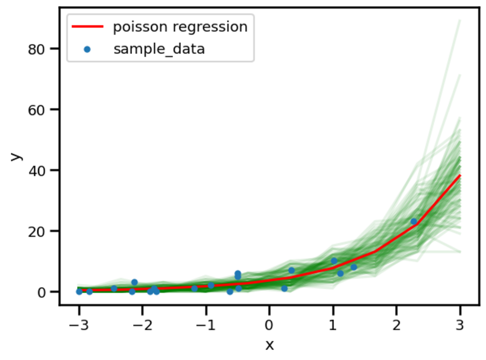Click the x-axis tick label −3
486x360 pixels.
coord(79,325)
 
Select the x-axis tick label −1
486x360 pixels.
coord(206,325)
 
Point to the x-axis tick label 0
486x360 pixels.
coord(269,325)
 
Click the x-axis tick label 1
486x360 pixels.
coord(333,325)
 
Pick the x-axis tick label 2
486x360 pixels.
coord(396,325)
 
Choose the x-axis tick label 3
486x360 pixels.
coord(460,325)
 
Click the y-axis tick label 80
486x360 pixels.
coord(36,49)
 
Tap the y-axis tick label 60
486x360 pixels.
coord(36,110)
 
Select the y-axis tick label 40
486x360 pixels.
coord(36,171)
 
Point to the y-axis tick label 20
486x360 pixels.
coord(36,232)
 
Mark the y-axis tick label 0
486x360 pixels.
coord(41,292)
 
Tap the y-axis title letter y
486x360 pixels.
coord(16,156)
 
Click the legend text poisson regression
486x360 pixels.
coord(180,27)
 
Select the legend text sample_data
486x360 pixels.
coord(159,49)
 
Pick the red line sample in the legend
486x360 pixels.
coord(87,27)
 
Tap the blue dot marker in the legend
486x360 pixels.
coord(87,49)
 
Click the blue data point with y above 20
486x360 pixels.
coord(413,222)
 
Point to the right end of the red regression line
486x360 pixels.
coord(460,176)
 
